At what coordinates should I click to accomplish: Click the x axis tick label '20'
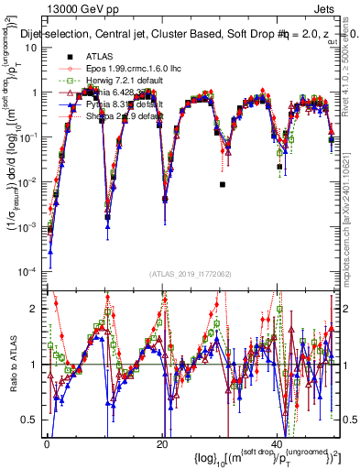pyautogui.click(x=162, y=443)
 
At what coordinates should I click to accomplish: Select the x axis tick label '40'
pyautogui.click(x=278, y=443)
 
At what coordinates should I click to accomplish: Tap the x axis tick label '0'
pyautogui.click(x=47, y=443)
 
